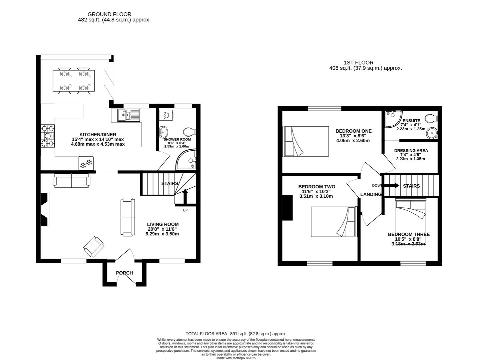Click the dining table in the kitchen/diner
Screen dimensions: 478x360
point(74,81)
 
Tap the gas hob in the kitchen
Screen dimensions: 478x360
point(48,136)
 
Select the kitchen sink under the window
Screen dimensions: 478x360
point(128,115)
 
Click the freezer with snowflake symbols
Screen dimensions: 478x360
point(86,163)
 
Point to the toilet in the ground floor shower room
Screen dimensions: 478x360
point(189,132)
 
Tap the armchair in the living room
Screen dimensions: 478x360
point(94,247)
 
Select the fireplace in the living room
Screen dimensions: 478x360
point(45,210)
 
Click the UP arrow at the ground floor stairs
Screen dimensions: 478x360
point(185,196)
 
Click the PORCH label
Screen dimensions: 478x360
point(124,273)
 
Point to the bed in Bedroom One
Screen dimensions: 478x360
point(305,141)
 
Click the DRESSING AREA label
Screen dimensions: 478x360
point(411,151)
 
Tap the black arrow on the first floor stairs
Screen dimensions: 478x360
point(391,186)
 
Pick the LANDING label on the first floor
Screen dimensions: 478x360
point(371,194)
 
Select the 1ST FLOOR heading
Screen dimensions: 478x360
point(359,63)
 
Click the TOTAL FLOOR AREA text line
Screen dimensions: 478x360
point(236,334)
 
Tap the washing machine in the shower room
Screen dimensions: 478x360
point(166,115)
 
